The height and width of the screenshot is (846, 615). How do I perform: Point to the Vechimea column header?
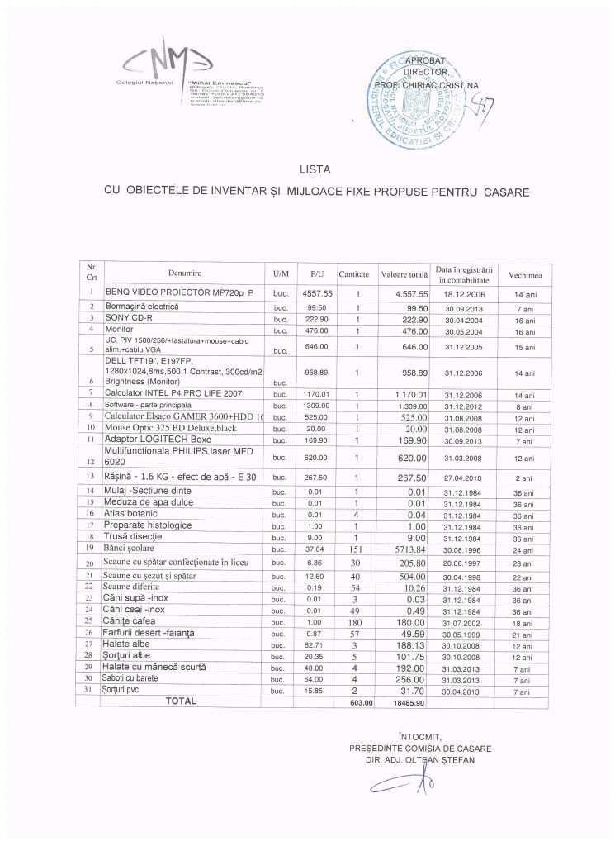(x=525, y=273)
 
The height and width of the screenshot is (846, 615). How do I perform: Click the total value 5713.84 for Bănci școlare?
(x=409, y=548)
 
